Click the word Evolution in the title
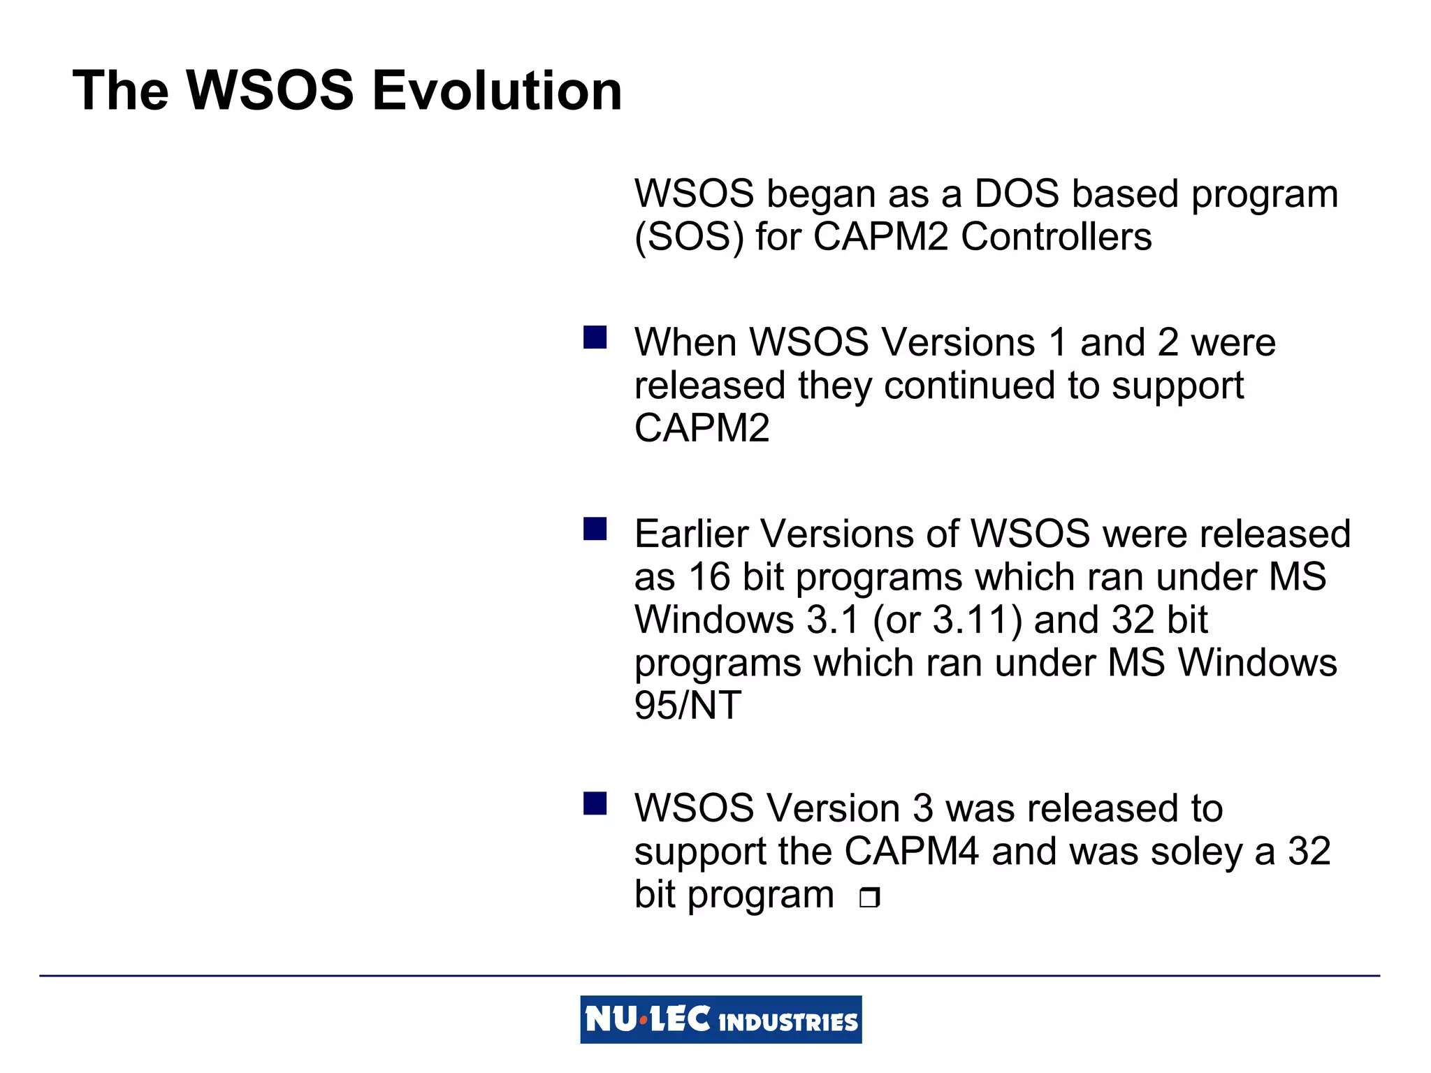pos(497,91)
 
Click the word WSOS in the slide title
pos(270,91)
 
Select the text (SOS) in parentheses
pos(689,237)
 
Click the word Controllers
pos(1056,237)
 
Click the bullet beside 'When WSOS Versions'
pos(595,337)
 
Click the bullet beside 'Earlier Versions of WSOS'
pos(595,529)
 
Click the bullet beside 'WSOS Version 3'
pos(595,803)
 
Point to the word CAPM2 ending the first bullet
pos(702,428)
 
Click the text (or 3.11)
pos(947,620)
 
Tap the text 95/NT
pos(687,706)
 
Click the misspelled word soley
pos(1198,852)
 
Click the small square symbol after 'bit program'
pos(869,897)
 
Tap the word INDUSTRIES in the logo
pos(787,1023)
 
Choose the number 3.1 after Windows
pos(831,620)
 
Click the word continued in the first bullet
pos(970,386)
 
